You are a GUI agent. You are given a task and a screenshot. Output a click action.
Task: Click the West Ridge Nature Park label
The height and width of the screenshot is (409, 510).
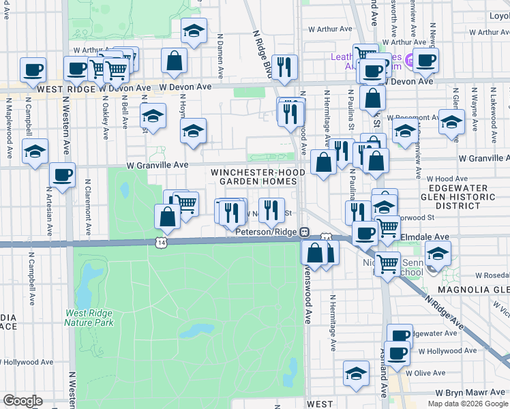[89, 318]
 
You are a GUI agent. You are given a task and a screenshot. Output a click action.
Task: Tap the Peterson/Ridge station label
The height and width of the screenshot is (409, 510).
[268, 232]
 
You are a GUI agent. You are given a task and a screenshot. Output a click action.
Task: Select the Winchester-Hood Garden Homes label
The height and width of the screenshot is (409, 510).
[257, 177]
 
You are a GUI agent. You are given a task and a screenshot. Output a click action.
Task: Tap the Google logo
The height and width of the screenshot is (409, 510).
[22, 401]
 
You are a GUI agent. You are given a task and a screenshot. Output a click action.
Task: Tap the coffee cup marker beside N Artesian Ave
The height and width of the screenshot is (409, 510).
[62, 175]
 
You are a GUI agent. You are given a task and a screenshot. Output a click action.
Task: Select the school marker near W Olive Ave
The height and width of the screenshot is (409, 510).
[356, 373]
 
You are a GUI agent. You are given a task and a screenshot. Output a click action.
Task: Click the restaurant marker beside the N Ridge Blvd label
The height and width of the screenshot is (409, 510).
[284, 66]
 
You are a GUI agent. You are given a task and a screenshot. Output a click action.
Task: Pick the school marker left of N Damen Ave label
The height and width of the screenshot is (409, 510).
[194, 30]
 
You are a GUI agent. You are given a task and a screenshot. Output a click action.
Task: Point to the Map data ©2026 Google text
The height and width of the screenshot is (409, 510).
[467, 404]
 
